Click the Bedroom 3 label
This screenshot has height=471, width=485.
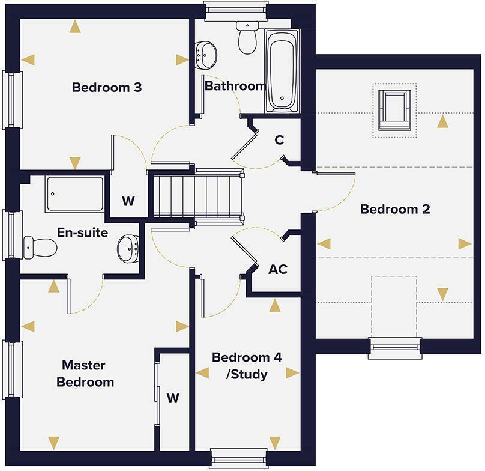click(x=107, y=88)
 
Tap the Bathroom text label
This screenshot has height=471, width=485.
click(x=235, y=86)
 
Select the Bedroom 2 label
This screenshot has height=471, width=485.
click(x=387, y=210)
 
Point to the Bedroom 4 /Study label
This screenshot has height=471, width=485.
click(x=247, y=366)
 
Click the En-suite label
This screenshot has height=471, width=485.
click(x=83, y=232)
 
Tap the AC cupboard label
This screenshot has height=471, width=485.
click(x=278, y=269)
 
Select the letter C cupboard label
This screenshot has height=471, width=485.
click(x=279, y=140)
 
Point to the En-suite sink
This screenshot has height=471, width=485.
click(x=128, y=248)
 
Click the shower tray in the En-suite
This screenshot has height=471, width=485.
click(x=74, y=193)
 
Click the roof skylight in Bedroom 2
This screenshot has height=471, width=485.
click(x=394, y=111)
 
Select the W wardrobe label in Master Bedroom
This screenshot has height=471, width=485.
click(x=173, y=397)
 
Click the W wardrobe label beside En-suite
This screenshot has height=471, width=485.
click(x=128, y=201)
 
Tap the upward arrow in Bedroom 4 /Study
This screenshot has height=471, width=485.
click(x=275, y=306)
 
